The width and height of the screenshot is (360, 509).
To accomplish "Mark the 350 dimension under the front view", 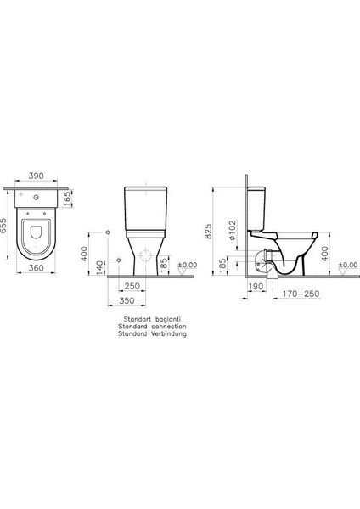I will click(127, 301).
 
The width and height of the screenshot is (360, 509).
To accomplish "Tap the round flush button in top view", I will click(37, 197).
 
